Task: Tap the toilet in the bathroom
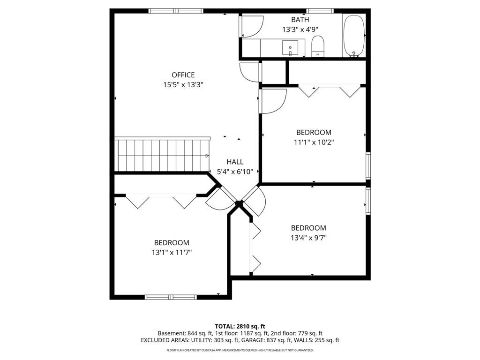(x=318, y=46)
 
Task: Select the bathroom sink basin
(x=290, y=47)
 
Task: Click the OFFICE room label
(x=183, y=75)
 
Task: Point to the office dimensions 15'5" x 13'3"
(x=183, y=85)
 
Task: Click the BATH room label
(x=300, y=20)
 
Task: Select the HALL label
(x=235, y=162)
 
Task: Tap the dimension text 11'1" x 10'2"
(x=313, y=142)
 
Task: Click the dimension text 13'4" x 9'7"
(x=308, y=238)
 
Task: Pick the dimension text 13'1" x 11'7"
(x=172, y=252)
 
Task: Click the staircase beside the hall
(x=162, y=155)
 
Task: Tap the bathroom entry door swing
(x=252, y=27)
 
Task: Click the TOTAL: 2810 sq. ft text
(x=240, y=326)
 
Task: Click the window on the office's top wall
(x=176, y=10)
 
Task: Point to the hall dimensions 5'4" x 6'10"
(x=235, y=172)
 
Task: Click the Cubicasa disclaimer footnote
(x=240, y=350)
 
